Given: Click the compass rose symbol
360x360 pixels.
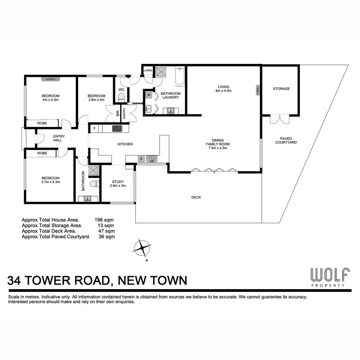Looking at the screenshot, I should [142, 248].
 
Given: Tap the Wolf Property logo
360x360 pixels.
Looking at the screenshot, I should [330, 277].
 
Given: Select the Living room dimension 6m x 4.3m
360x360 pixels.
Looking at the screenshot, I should [223, 91].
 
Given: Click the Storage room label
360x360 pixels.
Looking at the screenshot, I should [281, 89].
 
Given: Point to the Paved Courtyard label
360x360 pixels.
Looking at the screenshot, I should [286, 140].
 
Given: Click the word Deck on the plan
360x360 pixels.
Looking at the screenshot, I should [196, 197].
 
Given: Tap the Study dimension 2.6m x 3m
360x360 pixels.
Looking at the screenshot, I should [118, 186].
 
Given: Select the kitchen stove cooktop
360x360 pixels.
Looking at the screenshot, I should [117, 128].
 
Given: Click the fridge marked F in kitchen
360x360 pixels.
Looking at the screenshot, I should [95, 128].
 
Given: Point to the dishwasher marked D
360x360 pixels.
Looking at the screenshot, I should [141, 159].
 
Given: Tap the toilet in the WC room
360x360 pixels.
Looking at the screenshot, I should [121, 98].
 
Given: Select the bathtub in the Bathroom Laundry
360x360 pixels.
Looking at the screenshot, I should [179, 76].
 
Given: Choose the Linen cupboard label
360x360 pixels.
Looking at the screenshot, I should [148, 70].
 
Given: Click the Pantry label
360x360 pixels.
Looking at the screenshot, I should [124, 113].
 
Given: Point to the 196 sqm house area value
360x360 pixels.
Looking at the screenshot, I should [104, 220].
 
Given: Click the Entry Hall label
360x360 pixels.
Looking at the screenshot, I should [59, 138].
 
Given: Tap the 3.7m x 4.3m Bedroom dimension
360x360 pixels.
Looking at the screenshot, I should [51, 182].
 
